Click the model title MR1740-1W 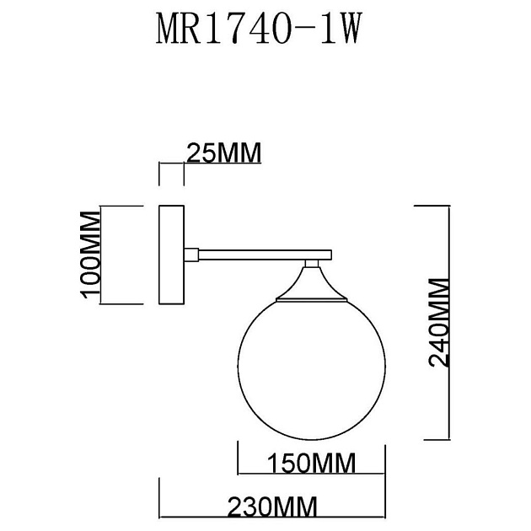(x=259, y=30)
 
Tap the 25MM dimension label (x=223, y=153)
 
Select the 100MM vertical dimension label (x=90, y=255)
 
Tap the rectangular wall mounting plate (x=172, y=255)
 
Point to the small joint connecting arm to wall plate (x=191, y=252)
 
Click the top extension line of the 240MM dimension (x=432, y=205)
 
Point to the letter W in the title (x=353, y=30)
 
